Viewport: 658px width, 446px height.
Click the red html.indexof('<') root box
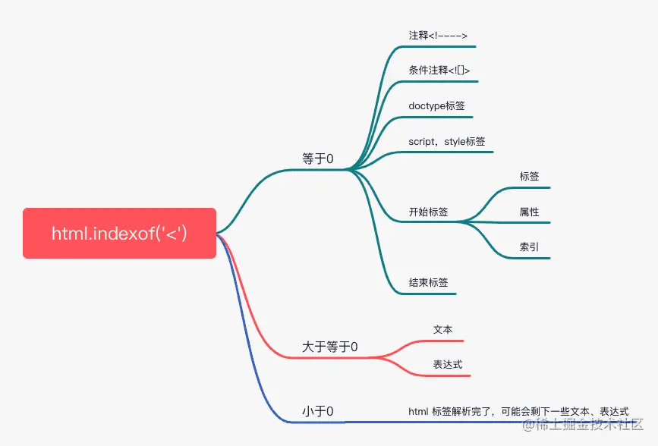pyautogui.click(x=119, y=234)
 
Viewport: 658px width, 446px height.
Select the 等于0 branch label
pyautogui.click(x=318, y=159)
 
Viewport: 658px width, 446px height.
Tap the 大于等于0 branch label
pyautogui.click(x=330, y=347)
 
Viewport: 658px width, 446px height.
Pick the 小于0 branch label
pyautogui.click(x=318, y=412)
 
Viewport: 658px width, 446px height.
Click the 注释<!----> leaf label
pyautogui.click(x=438, y=36)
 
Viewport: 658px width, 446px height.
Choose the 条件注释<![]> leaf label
pyautogui.click(x=439, y=71)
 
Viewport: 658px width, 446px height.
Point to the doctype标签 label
pyautogui.click(x=436, y=105)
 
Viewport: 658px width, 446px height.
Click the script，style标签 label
pyautogui.click(x=447, y=141)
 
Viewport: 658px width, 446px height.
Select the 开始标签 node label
pyautogui.click(x=428, y=212)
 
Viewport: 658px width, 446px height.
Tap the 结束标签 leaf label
pyautogui.click(x=428, y=282)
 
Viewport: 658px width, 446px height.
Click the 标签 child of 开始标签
pyautogui.click(x=529, y=176)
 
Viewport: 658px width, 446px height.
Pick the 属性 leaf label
pyautogui.click(x=529, y=212)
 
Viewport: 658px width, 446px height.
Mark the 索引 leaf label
pyautogui.click(x=529, y=247)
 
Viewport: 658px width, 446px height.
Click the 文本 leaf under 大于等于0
pyautogui.click(x=442, y=330)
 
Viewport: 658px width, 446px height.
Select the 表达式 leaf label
pyautogui.click(x=448, y=365)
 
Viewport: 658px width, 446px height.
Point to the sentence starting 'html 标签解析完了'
pyautogui.click(x=518, y=411)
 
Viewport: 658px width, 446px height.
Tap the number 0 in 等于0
pyautogui.click(x=329, y=159)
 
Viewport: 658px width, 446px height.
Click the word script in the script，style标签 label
pyautogui.click(x=422, y=141)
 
